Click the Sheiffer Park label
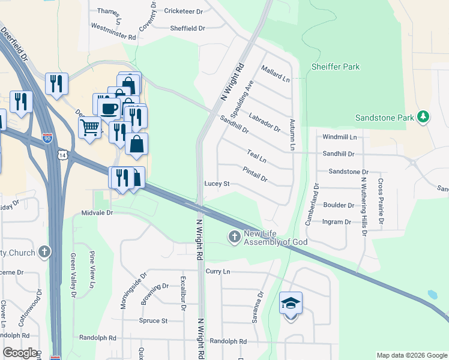[x=336, y=67]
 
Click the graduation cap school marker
[x=291, y=304]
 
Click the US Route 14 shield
[x=62, y=155]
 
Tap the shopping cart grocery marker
[x=89, y=127]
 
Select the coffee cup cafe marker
[x=109, y=109]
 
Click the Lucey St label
[x=217, y=183]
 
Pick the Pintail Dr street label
[x=256, y=175]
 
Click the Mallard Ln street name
[x=276, y=75]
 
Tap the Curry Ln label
[x=218, y=271]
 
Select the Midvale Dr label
[x=97, y=213]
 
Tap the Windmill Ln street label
[x=339, y=137]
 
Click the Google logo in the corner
[x=19, y=353]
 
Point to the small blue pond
[x=432, y=295]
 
